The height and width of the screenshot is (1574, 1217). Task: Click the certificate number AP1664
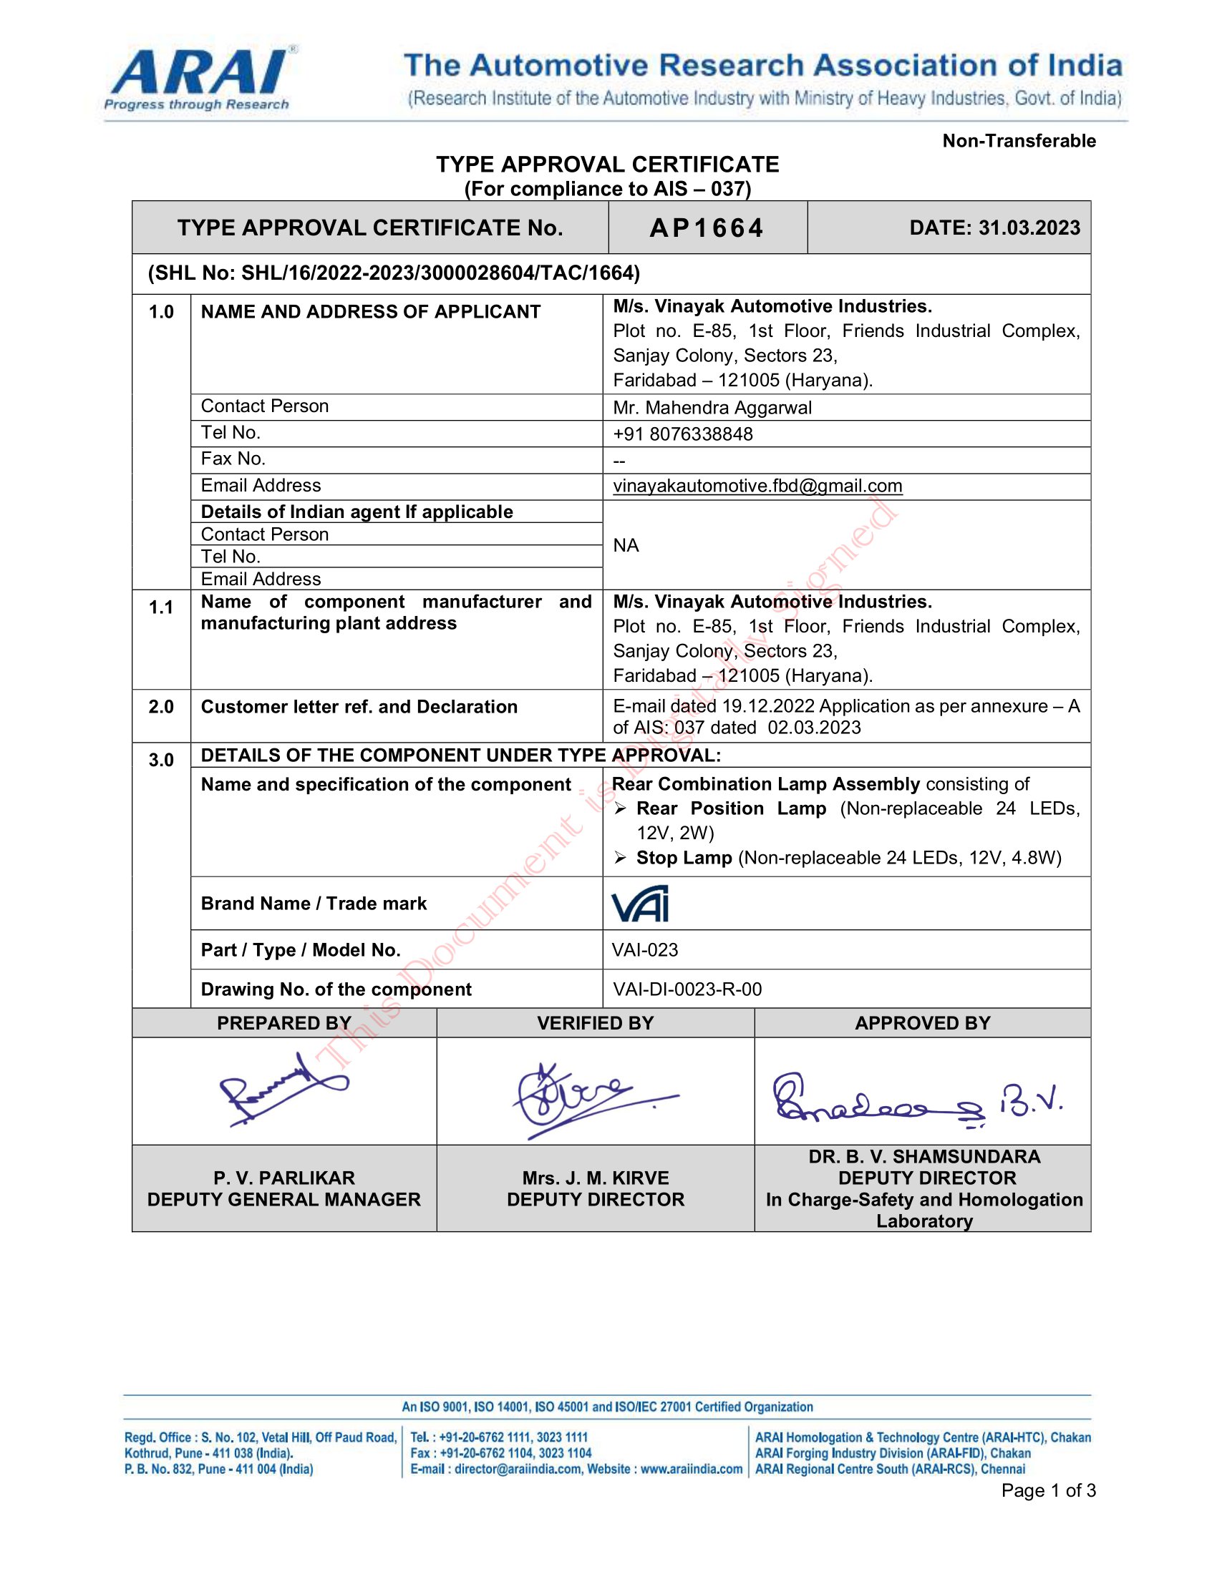click(707, 228)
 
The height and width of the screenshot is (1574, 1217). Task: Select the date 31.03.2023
click(1029, 228)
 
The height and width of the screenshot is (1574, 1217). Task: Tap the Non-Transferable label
click(1018, 141)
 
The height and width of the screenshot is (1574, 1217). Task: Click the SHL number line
click(394, 273)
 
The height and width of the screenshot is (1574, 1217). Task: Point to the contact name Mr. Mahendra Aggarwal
click(712, 408)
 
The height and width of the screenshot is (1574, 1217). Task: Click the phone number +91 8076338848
click(682, 434)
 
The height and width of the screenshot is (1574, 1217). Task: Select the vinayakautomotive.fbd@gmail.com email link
click(757, 486)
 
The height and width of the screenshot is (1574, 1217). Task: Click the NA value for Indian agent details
click(626, 546)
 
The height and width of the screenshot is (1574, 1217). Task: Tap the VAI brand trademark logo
click(639, 904)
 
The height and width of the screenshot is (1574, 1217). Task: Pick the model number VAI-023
click(644, 950)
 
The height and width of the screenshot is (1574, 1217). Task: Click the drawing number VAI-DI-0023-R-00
click(687, 989)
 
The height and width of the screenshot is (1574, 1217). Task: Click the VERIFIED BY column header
click(595, 1023)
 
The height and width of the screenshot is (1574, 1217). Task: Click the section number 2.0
click(161, 707)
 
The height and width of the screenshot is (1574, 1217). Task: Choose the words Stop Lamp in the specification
click(684, 858)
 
